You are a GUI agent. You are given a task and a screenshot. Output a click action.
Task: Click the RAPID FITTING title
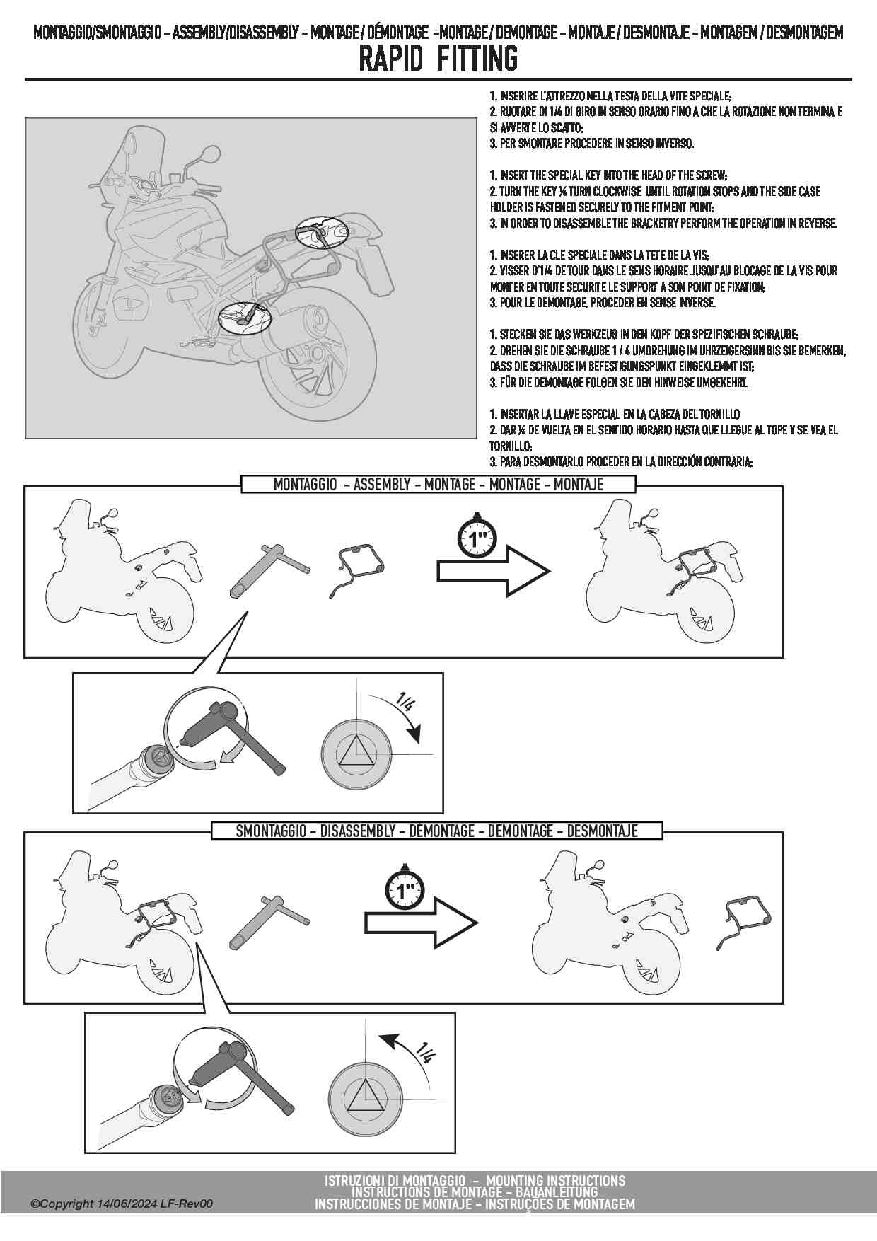[x=438, y=59]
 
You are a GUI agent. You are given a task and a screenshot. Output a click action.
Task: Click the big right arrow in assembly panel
[x=494, y=570]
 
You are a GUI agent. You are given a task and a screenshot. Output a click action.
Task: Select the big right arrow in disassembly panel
[x=422, y=922]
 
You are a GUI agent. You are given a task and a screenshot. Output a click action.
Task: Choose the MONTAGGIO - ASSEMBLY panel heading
[x=438, y=484]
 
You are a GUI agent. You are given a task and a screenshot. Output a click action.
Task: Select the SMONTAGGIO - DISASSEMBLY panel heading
[x=437, y=831]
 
